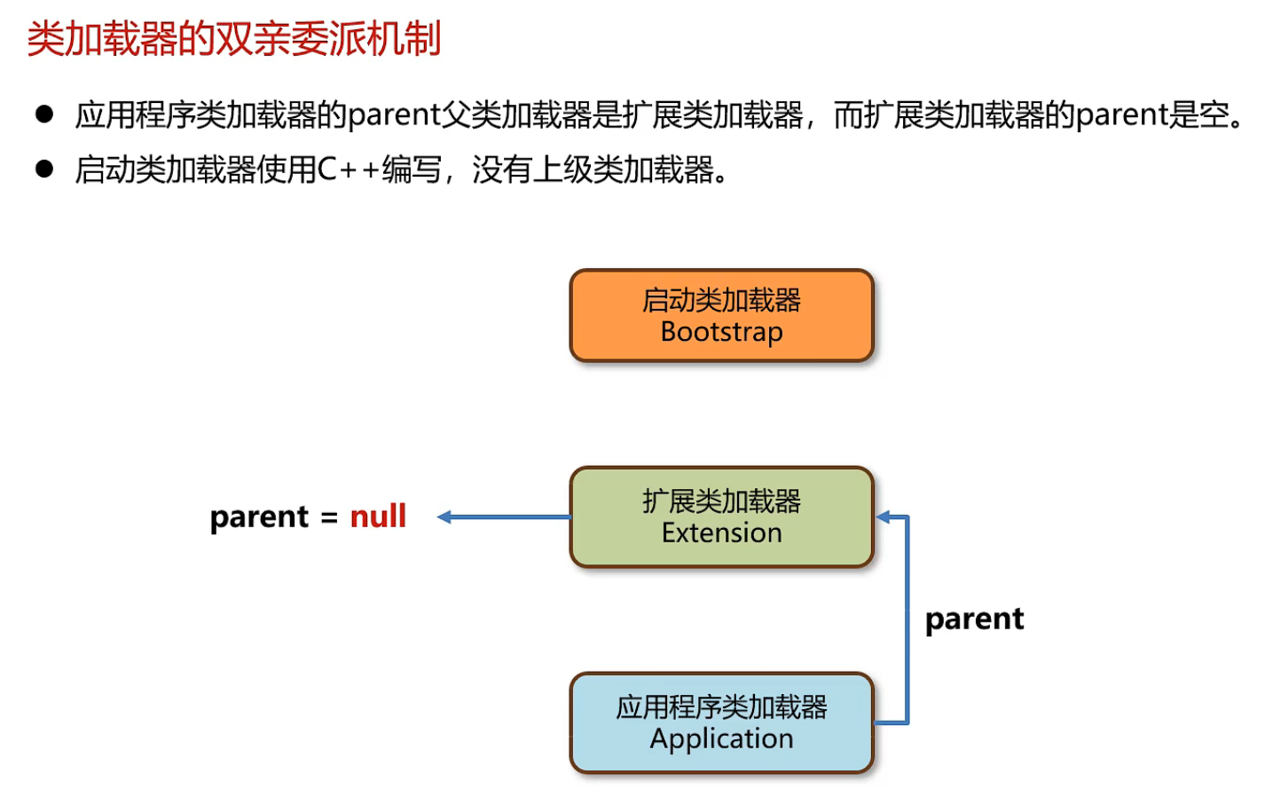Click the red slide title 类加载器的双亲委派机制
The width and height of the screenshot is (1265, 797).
234,39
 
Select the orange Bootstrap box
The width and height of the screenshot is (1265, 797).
722,315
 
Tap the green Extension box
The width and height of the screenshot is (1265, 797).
722,517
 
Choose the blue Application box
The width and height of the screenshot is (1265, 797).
722,722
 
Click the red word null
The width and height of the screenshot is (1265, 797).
378,517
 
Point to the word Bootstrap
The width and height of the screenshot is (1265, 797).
722,332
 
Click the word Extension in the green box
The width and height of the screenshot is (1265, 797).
722,533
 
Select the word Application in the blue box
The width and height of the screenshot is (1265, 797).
722,739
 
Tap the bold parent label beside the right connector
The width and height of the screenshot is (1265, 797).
974,619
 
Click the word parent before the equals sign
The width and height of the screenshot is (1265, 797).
259,517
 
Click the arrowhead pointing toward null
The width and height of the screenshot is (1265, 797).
444,517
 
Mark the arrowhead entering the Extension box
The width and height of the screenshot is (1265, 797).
883,517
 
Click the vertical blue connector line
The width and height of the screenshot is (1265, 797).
907,619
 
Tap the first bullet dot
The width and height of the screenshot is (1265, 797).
44,114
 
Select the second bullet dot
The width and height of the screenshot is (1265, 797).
44,169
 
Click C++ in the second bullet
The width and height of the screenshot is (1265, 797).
349,170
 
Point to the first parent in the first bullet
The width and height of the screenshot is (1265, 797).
394,115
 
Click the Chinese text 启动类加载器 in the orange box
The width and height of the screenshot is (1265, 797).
722,300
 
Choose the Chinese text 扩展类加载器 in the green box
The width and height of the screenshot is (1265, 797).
722,501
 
